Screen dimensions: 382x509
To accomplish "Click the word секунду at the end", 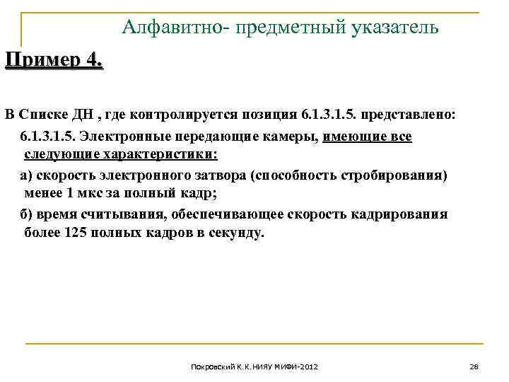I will (x=235, y=233).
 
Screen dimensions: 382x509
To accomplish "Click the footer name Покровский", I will (x=212, y=367).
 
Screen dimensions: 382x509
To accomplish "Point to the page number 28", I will (x=474, y=366).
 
